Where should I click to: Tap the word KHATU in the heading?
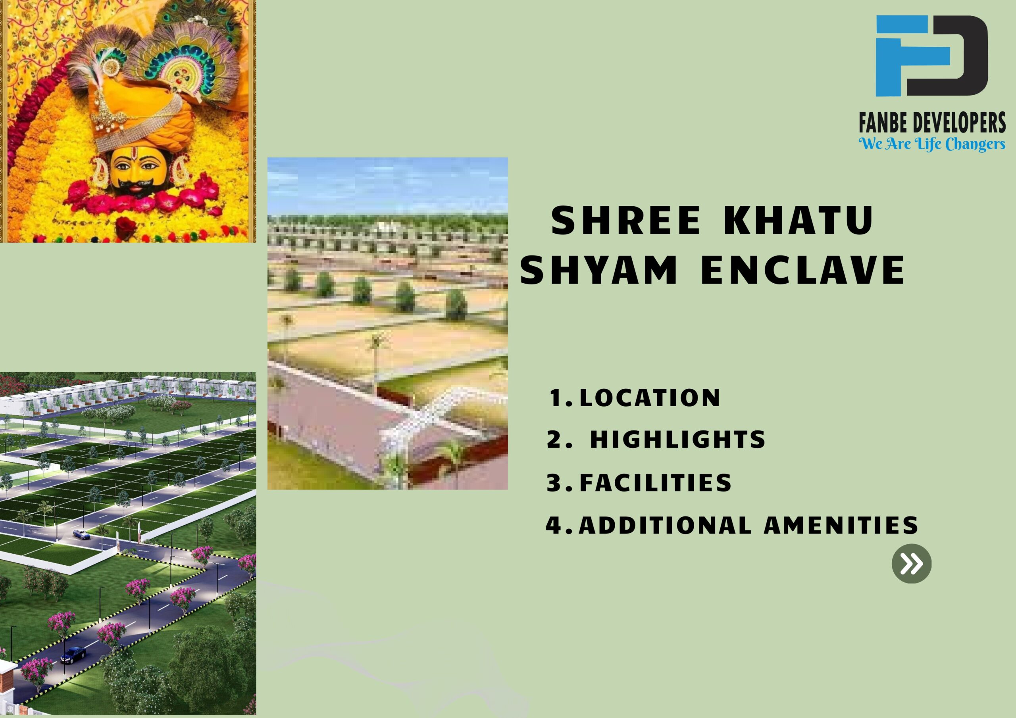tap(798, 220)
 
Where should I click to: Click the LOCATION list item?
tap(650, 398)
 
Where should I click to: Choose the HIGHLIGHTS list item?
tap(677, 440)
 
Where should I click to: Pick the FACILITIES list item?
tap(655, 483)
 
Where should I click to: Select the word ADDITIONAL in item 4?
tap(665, 526)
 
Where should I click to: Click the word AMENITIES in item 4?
tap(841, 526)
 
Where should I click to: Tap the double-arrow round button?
tap(911, 564)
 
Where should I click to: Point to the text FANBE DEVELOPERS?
tap(932, 123)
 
